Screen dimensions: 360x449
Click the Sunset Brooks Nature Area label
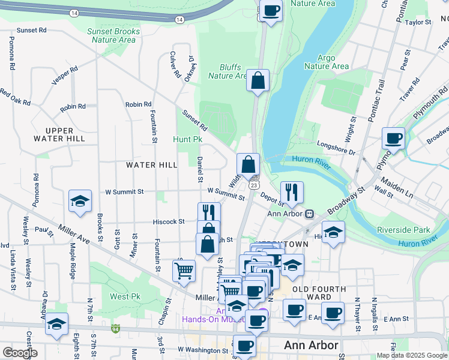tap(113, 35)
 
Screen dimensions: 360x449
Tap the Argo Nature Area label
tap(326, 62)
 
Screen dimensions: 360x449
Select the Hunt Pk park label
tap(188, 140)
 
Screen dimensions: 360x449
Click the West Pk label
tap(124, 296)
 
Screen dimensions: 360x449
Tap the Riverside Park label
tap(403, 230)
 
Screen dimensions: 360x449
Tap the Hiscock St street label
tap(169, 221)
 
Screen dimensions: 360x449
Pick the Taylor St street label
tap(418, 22)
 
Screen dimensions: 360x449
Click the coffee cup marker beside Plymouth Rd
tap(394, 138)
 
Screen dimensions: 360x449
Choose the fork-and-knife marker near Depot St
tap(292, 192)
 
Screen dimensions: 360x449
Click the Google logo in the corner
tap(20, 353)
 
